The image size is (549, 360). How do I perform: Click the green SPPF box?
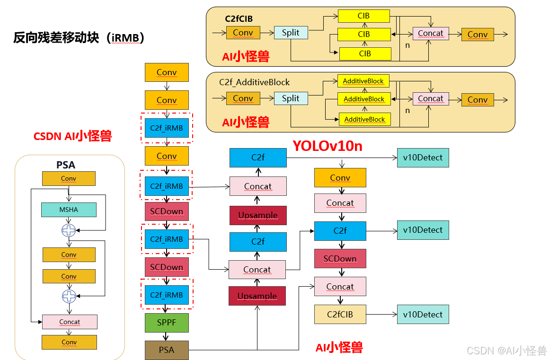coord(167,323)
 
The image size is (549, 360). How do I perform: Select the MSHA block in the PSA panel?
coord(69,210)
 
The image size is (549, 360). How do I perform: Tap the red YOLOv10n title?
coord(328,146)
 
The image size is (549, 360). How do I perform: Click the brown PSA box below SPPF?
coord(167,350)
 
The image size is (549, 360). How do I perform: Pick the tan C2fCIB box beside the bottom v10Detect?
coord(340,314)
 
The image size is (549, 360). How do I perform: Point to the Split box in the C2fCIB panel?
coord(291,33)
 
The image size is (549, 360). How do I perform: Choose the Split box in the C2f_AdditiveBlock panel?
coord(291,98)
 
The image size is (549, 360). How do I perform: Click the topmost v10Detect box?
coord(423,158)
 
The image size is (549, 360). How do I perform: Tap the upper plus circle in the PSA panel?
coord(69,230)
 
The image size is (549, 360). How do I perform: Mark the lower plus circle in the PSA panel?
coord(69,296)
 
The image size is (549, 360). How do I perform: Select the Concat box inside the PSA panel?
coord(70,322)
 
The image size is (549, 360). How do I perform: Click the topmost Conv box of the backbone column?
coord(167,72)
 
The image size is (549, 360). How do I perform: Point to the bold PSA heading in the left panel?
coord(66,165)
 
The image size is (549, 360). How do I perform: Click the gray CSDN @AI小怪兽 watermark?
coord(506,351)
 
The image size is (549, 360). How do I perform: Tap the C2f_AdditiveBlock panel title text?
coord(254,82)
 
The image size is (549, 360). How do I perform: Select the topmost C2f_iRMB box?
coord(167,128)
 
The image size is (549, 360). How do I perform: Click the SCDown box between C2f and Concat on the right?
coord(340,259)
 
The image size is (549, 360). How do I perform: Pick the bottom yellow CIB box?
coord(365,54)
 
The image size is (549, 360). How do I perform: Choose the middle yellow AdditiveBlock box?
coord(364,99)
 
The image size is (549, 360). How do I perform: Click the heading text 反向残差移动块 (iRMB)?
coord(79,38)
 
